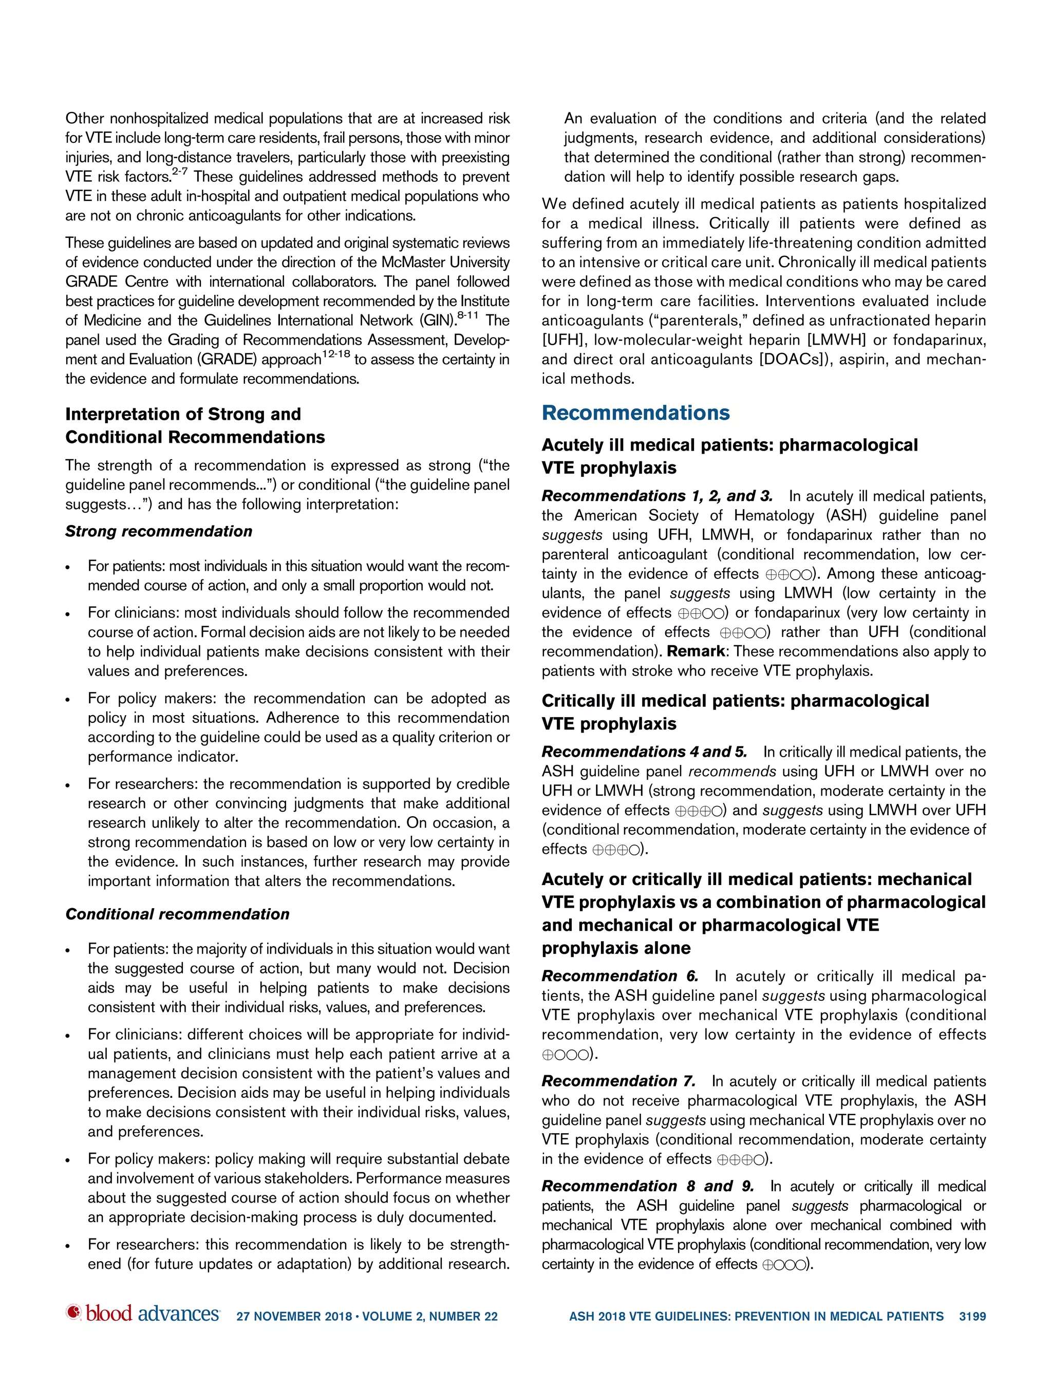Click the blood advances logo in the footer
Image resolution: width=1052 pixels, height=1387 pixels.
143,1314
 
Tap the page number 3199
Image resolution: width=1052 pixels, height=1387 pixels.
972,1317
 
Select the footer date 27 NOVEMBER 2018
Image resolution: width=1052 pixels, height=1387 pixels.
294,1317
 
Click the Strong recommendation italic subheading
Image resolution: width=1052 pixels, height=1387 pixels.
159,531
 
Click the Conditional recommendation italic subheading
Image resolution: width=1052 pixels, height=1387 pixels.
177,914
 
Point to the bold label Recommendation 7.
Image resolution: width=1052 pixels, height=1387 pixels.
618,1081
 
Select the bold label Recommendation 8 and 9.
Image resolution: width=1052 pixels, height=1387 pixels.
647,1186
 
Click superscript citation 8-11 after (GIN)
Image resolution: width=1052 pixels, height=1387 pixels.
467,316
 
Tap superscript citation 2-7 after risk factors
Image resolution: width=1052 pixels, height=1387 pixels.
179,172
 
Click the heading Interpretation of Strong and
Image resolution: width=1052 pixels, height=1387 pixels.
183,414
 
